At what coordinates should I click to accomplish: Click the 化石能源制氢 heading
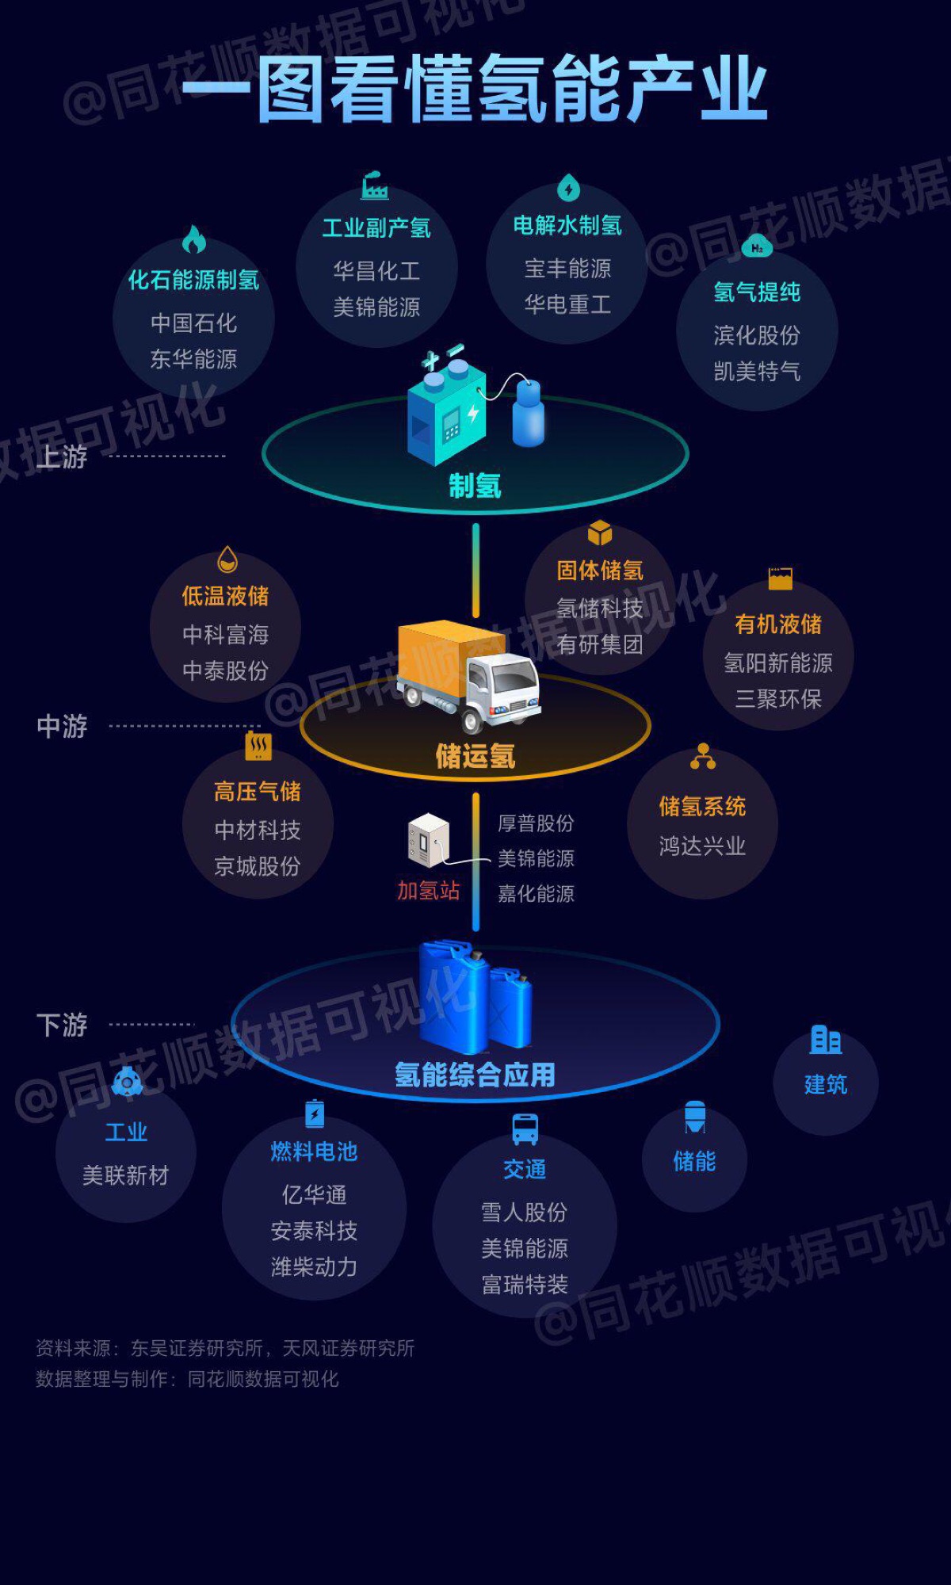pos(193,280)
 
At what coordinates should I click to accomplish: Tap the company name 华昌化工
pos(376,271)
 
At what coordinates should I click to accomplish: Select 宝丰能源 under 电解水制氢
pos(567,269)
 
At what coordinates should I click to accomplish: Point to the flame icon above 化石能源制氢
pos(194,239)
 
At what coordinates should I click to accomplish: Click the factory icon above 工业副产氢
pos(375,185)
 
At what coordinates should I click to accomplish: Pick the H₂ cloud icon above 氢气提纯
pos(757,247)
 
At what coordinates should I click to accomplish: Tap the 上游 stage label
pos(62,457)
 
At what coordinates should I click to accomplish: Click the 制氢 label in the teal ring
pos(475,485)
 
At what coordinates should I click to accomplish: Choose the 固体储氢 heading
pos(600,571)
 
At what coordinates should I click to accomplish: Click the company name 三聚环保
pos(778,699)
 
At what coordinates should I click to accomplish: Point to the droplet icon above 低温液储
pos(227,560)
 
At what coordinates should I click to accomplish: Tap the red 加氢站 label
pos(428,891)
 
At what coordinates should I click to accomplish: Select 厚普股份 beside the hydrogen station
pos(536,823)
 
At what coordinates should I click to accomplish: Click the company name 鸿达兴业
pos(702,846)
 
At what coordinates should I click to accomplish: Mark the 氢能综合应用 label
pos(475,1075)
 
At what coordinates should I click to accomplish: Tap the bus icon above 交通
pos(525,1129)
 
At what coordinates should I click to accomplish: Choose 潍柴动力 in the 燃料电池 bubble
pos(314,1266)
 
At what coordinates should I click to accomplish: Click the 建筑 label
pos(826,1084)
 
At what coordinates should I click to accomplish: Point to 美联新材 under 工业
pos(126,1175)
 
